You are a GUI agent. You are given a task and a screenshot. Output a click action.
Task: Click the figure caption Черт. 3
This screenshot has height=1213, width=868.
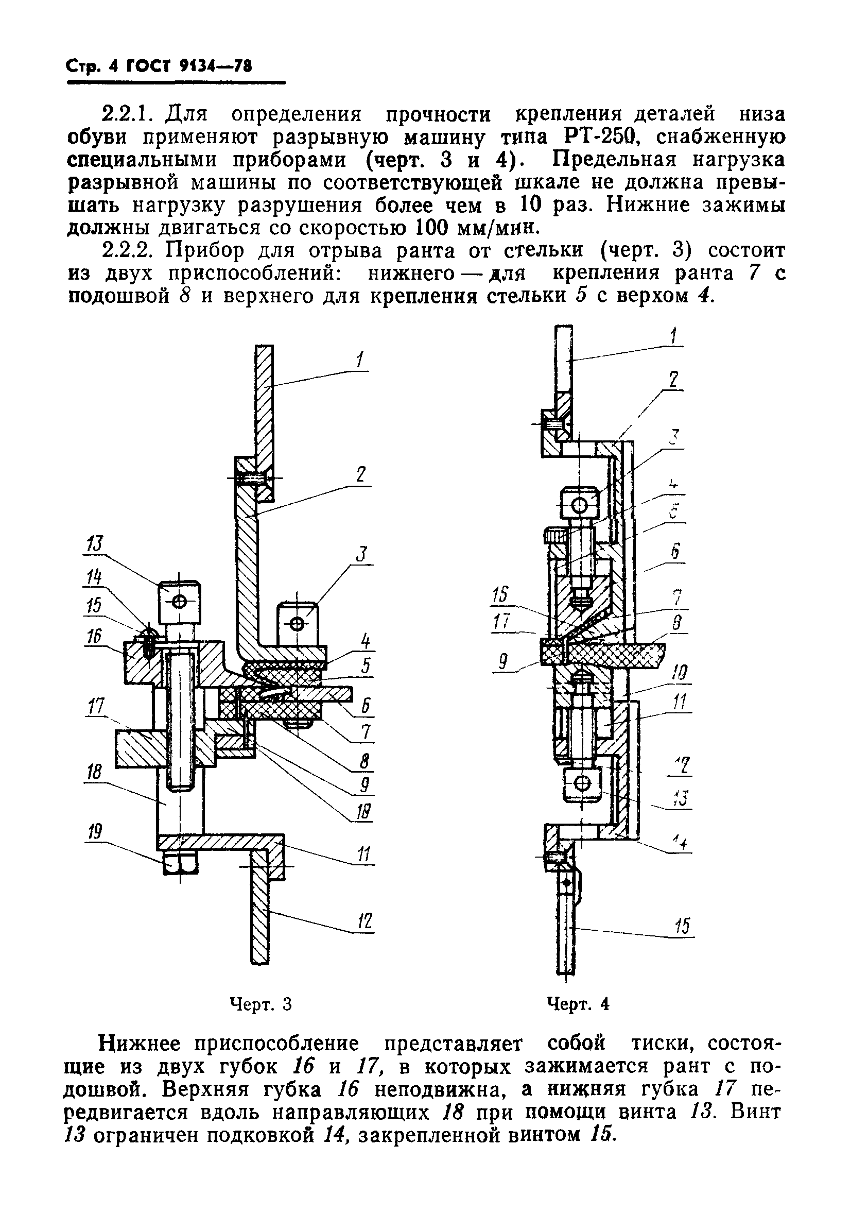[261, 1004]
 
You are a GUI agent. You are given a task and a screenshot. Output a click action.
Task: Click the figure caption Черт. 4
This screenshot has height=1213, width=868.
[578, 1004]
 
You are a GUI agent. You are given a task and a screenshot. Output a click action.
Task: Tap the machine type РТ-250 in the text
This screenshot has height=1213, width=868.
[601, 138]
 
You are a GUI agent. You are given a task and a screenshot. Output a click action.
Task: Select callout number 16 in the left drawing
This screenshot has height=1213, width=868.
[95, 636]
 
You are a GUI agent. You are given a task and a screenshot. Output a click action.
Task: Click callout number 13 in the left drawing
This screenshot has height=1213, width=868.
[95, 544]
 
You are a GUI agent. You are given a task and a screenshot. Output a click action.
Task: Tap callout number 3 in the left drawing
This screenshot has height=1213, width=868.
[363, 554]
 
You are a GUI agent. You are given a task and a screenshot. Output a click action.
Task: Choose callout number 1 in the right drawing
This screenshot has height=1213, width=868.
[674, 337]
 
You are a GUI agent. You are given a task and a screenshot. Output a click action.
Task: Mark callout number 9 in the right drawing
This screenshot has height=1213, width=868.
[502, 663]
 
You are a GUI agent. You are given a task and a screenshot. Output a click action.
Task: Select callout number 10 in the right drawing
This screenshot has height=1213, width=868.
[680, 673]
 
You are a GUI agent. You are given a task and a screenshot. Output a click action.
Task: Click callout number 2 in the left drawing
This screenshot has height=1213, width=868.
[361, 475]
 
